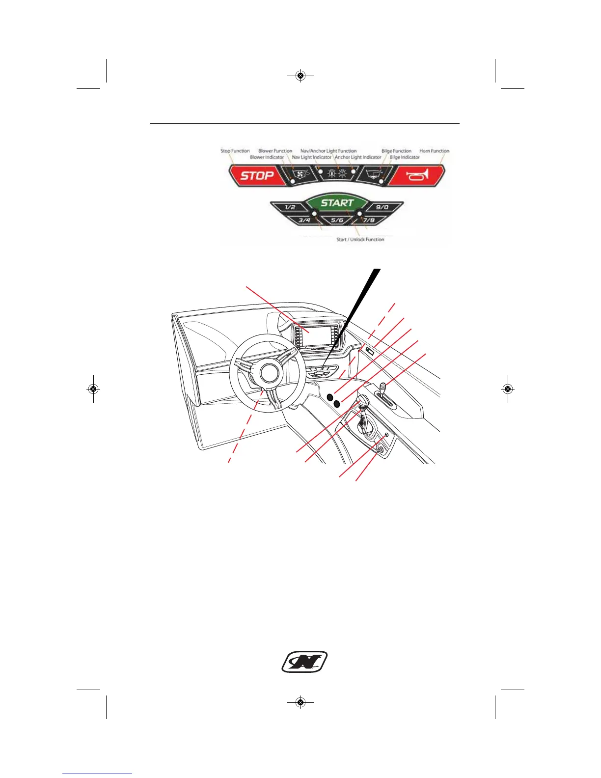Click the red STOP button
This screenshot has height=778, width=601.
point(257,175)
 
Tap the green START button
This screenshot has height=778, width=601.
point(337,202)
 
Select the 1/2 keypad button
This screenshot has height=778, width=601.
point(290,207)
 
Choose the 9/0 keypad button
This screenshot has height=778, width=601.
point(382,207)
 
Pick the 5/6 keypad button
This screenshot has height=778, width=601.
point(337,220)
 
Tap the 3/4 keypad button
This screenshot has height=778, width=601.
point(304,220)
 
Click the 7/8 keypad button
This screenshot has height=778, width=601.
point(369,220)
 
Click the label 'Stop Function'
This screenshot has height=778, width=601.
point(235,151)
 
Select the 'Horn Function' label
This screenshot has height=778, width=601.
point(434,151)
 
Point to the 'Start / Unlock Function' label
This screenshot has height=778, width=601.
point(360,240)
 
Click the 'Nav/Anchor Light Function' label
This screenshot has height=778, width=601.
point(328,151)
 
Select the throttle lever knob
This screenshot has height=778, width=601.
point(363,400)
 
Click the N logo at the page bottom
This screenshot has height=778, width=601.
point(304,662)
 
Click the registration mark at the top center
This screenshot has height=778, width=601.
point(300,76)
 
